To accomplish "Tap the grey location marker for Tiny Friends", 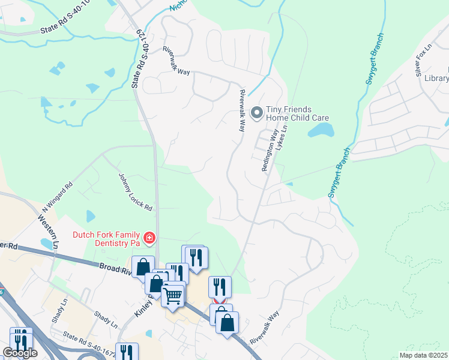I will point(257,112).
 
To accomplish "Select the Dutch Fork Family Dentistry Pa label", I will point(106,238).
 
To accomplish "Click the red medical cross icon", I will point(149,239).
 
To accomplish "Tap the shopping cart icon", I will point(173,295).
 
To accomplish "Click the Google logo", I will point(20,353).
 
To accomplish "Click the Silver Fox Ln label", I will point(424,60).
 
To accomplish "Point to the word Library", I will point(436,78).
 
